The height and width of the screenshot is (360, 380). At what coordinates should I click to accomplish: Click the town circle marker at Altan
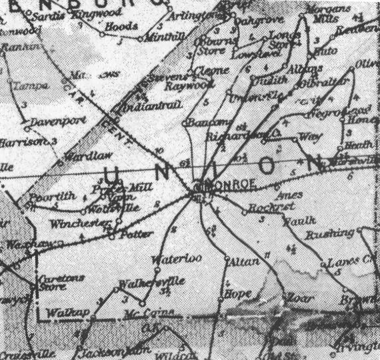226,257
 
